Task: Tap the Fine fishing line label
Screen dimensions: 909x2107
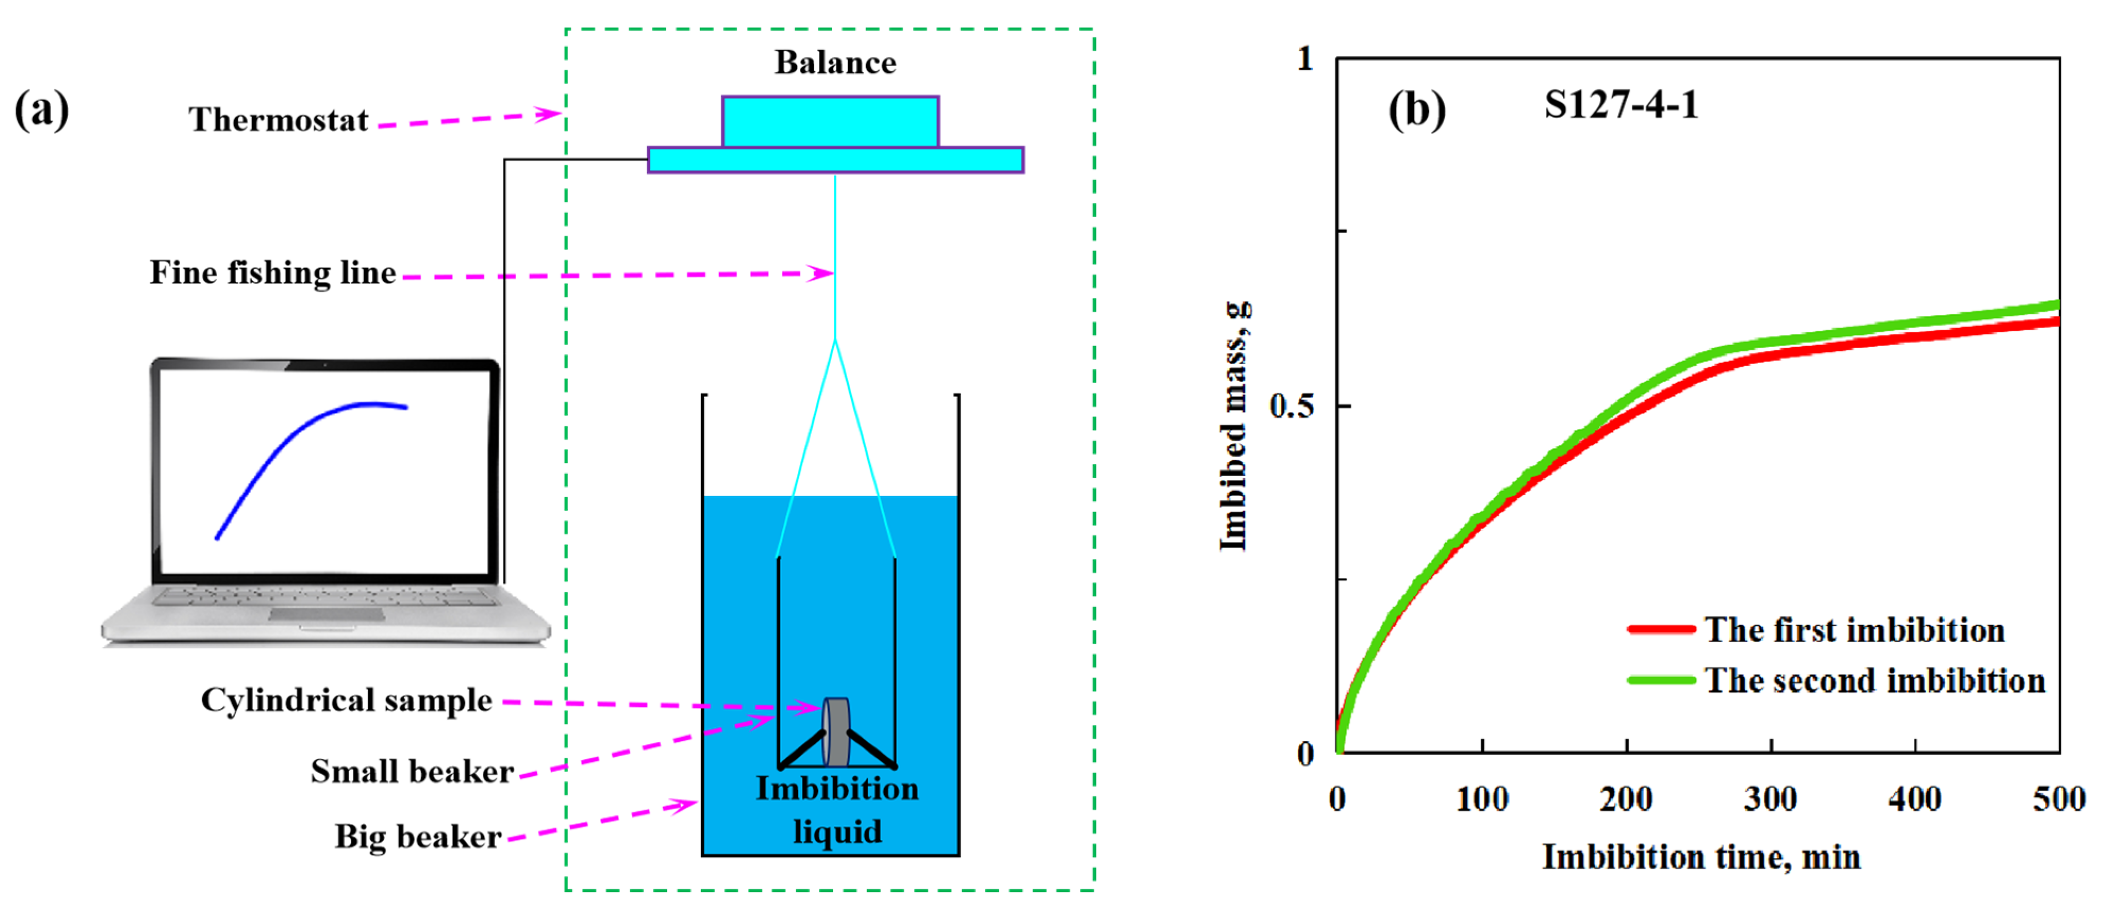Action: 272,272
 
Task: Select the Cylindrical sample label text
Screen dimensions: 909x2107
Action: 346,700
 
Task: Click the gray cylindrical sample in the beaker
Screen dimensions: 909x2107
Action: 836,731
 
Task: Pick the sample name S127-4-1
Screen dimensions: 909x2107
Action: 1620,105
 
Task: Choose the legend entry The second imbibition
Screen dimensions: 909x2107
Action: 1874,681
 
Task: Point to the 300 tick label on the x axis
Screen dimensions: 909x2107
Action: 1769,798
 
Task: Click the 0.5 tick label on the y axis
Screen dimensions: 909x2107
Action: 1292,406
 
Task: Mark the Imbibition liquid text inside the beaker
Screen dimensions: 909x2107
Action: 837,810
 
